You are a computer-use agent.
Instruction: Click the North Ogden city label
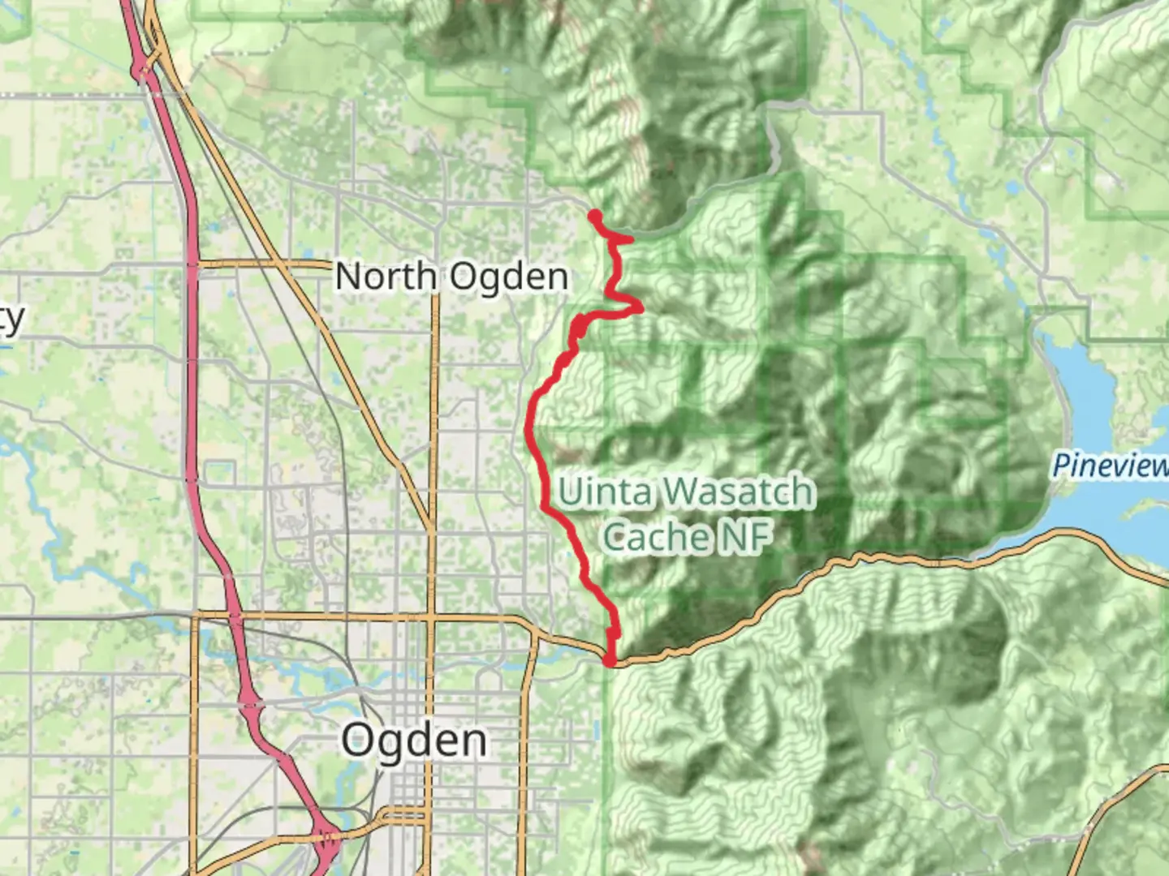click(x=451, y=277)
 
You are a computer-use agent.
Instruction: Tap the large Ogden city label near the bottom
click(x=414, y=740)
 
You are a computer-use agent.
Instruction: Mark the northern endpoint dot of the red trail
click(x=594, y=216)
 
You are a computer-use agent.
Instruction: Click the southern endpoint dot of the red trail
click(x=610, y=661)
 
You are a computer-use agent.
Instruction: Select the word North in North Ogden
click(x=386, y=277)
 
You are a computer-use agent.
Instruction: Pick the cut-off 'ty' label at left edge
click(x=11, y=319)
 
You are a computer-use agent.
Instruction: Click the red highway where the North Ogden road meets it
click(x=192, y=264)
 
